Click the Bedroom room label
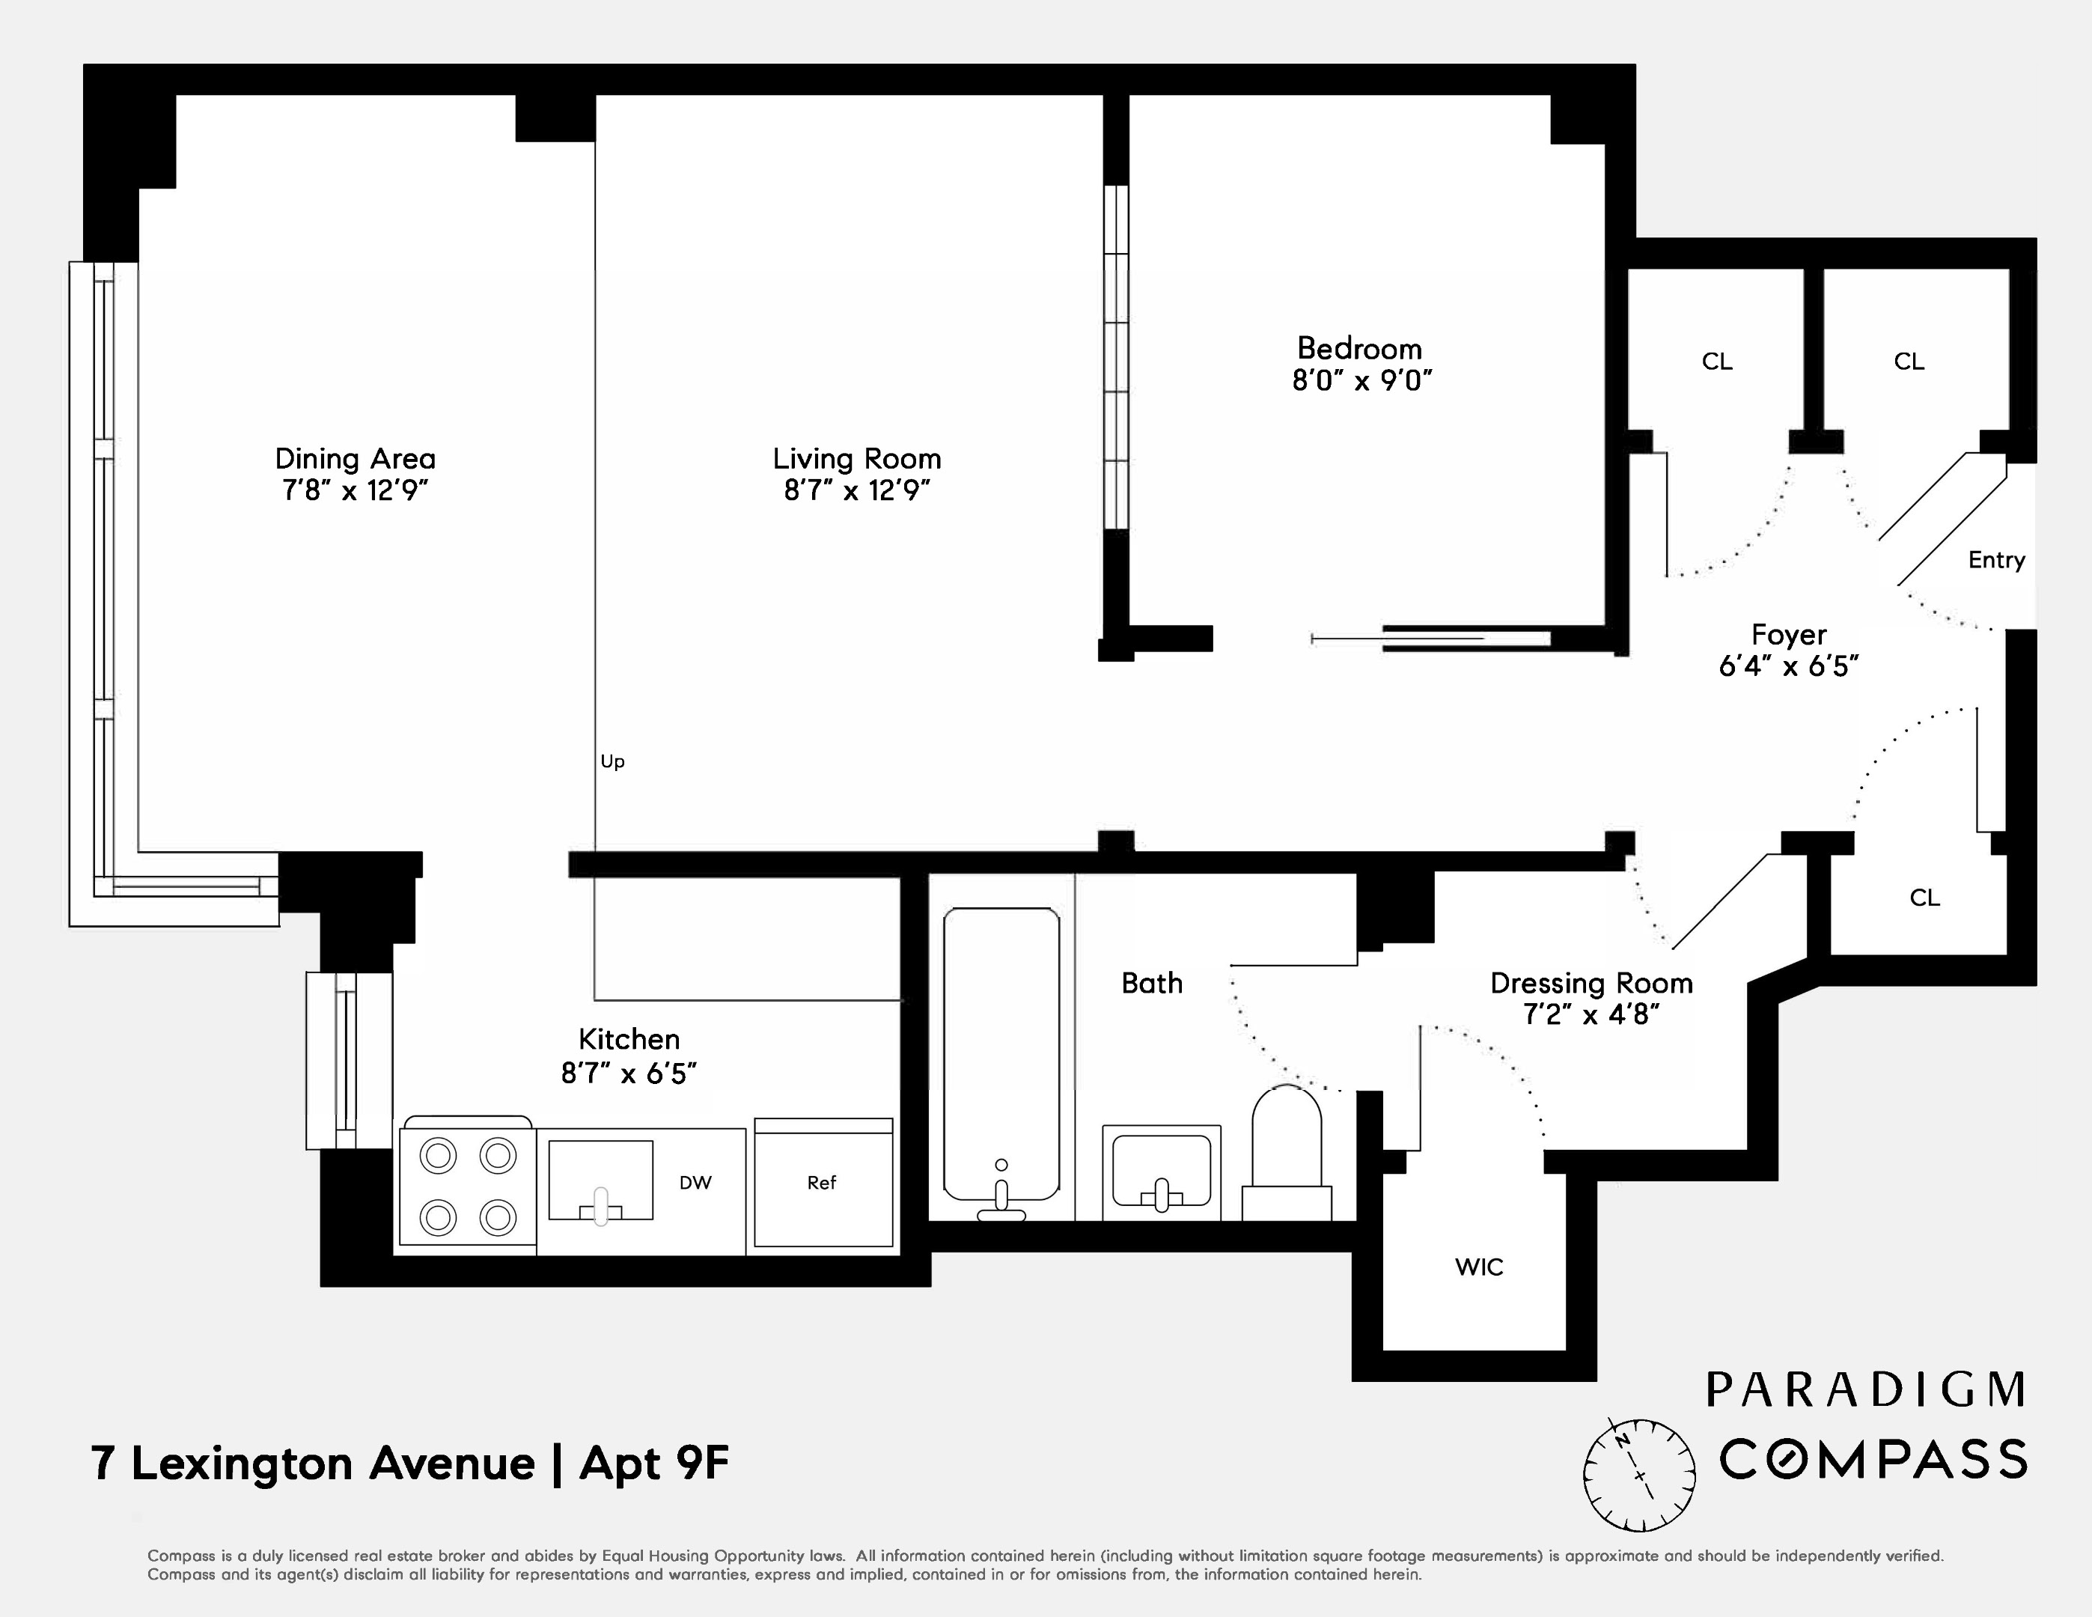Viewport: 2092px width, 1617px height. coord(1359,348)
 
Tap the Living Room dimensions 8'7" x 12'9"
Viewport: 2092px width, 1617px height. coord(857,490)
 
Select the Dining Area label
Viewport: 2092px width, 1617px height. coord(355,459)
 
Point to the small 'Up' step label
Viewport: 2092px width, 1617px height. coord(612,761)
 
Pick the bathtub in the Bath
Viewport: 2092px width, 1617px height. coord(1001,1054)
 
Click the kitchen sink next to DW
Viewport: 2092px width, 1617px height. coord(600,1180)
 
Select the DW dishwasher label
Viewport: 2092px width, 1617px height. coord(695,1183)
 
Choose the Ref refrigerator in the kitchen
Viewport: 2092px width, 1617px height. coord(823,1183)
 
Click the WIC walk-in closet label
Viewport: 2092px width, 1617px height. coord(1479,1267)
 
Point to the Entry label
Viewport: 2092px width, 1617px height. coord(1996,561)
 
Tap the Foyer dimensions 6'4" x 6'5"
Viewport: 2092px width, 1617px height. coord(1788,666)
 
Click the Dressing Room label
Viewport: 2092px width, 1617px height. coord(1591,983)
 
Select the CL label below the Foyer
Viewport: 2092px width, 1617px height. coord(1924,898)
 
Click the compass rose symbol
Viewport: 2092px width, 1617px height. coord(1639,1476)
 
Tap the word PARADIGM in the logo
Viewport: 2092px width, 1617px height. coord(1866,1390)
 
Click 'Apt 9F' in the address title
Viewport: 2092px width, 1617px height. coord(654,1464)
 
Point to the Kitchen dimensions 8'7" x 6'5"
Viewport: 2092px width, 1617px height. coord(629,1074)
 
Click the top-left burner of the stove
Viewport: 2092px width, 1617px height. coord(439,1155)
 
